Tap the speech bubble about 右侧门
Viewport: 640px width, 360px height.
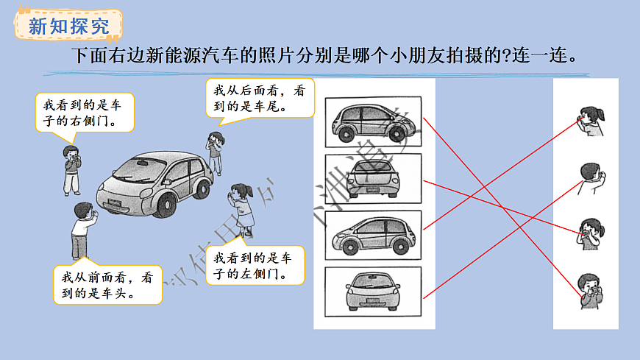pyautogui.click(x=85, y=112)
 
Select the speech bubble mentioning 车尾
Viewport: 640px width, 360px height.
pyautogui.click(x=259, y=98)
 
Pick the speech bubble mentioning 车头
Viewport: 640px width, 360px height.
pyautogui.click(x=107, y=286)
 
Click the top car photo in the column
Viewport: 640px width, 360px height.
pyautogui.click(x=372, y=122)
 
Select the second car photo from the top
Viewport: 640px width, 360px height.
pyautogui.click(x=372, y=177)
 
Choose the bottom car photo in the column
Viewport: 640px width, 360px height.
pyautogui.click(x=372, y=291)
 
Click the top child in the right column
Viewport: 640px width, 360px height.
pyautogui.click(x=592, y=121)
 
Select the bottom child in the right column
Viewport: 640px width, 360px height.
pyautogui.click(x=590, y=291)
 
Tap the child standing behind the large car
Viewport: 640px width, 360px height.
pyautogui.click(x=214, y=151)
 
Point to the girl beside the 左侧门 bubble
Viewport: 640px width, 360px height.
pyautogui.click(x=242, y=208)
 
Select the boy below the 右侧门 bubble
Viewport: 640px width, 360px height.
pyautogui.click(x=71, y=169)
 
